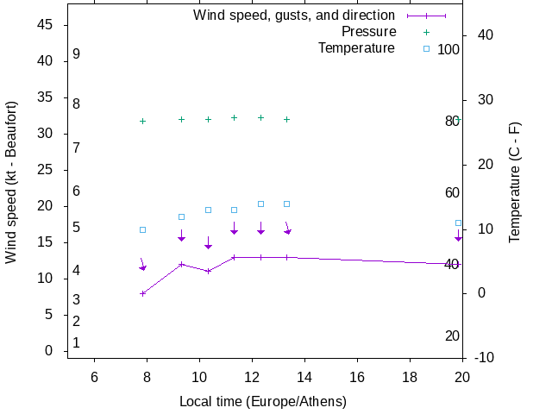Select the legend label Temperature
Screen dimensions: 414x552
pyautogui.click(x=356, y=48)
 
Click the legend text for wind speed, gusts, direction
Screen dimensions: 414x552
pyautogui.click(x=294, y=16)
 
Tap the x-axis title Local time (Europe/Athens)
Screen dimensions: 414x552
pyautogui.click(x=263, y=402)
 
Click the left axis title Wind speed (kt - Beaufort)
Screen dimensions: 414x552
pyautogui.click(x=11, y=183)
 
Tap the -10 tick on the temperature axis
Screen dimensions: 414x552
pyautogui.click(x=483, y=358)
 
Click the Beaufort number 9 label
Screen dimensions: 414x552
pyautogui.click(x=76, y=54)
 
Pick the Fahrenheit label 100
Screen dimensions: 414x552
pyautogui.click(x=448, y=49)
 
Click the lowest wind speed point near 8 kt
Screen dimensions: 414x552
pyautogui.click(x=143, y=293)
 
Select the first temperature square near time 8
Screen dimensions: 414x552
pyautogui.click(x=143, y=229)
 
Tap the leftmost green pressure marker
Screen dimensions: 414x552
pyautogui.click(x=143, y=121)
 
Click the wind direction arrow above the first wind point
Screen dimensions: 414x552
pyautogui.click(x=143, y=265)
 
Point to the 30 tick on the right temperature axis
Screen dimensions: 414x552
pyautogui.click(x=481, y=100)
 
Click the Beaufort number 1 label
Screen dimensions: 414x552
pyautogui.click(x=76, y=342)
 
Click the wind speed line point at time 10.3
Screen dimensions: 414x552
pyautogui.click(x=208, y=271)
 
